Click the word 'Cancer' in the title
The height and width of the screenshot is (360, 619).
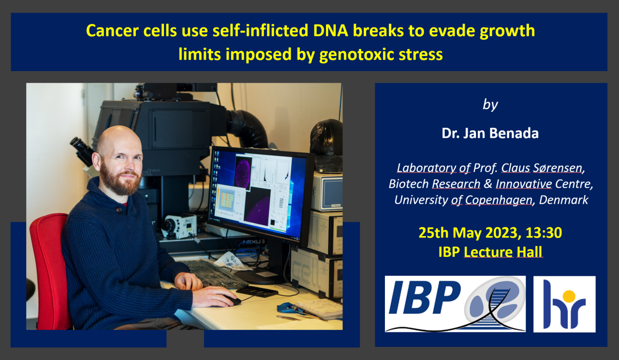click(112, 30)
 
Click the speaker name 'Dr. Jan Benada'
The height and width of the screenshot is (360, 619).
click(490, 133)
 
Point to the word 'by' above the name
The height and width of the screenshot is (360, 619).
click(490, 105)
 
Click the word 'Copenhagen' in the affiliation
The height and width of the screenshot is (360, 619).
click(499, 200)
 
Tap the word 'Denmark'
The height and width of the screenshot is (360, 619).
click(563, 200)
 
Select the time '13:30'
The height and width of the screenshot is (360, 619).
click(544, 233)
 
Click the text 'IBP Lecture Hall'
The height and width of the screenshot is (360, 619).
click(490, 252)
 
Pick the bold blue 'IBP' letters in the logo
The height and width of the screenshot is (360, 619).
click(425, 297)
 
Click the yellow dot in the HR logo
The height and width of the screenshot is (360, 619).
click(569, 297)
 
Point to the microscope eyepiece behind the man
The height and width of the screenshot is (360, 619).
click(82, 150)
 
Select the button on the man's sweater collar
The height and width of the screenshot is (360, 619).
click(119, 210)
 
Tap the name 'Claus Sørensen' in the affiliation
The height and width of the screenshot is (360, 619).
click(542, 168)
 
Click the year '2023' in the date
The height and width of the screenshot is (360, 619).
click(501, 233)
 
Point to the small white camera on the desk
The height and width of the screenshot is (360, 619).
click(179, 225)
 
